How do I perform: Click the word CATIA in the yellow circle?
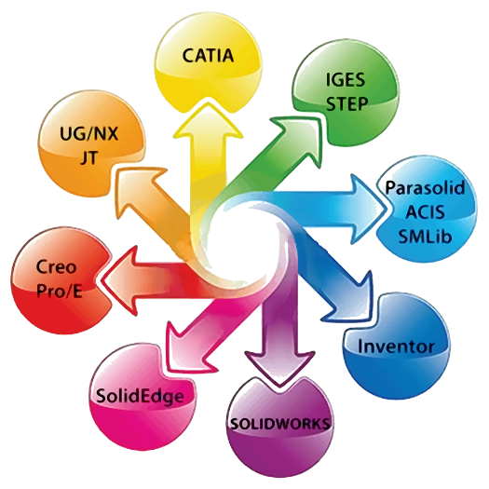pyautogui.click(x=208, y=56)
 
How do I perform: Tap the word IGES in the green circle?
pyautogui.click(x=346, y=79)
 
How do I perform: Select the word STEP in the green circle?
pyautogui.click(x=346, y=103)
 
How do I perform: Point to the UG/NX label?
pyautogui.click(x=88, y=134)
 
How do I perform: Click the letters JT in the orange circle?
pyautogui.click(x=89, y=157)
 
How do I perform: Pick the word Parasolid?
pyautogui.click(x=426, y=189)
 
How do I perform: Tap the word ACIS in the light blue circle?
pyautogui.click(x=425, y=212)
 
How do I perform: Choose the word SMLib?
pyautogui.click(x=425, y=237)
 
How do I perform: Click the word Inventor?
pyautogui.click(x=396, y=346)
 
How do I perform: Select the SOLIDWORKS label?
pyautogui.click(x=279, y=424)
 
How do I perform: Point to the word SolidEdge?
pyautogui.click(x=140, y=397)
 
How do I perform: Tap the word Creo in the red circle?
pyautogui.click(x=56, y=267)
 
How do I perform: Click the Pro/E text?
pyautogui.click(x=60, y=292)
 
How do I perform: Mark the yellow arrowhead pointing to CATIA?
pyautogui.click(x=208, y=122)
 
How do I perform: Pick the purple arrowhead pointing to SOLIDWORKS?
pyautogui.click(x=279, y=368)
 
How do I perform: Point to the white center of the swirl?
pyautogui.click(x=242, y=241)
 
